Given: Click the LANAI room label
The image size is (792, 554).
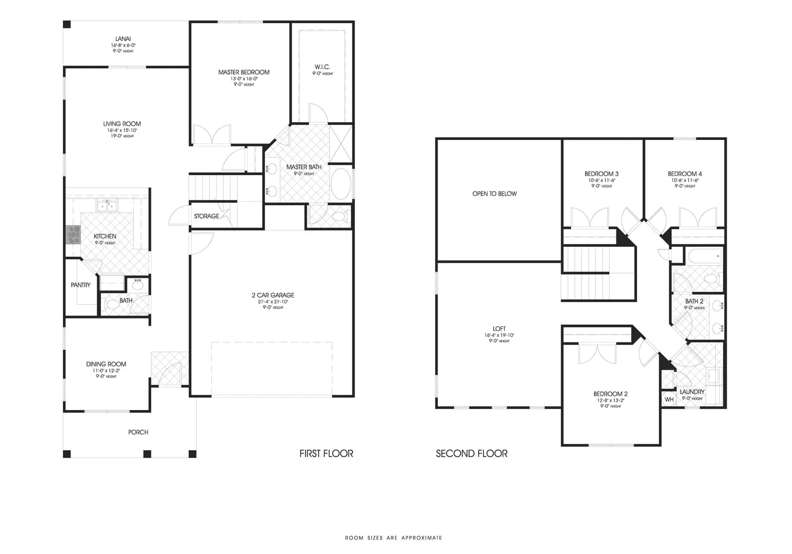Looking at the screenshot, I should [123, 39].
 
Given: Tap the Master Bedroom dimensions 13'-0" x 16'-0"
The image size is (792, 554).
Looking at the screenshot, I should [244, 79].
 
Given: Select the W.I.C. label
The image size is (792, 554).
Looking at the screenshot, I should [322, 67].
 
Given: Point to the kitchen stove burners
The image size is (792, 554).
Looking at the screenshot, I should [73, 234].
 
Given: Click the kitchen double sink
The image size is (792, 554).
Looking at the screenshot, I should [107, 205].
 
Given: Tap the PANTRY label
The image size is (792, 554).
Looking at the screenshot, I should [81, 285].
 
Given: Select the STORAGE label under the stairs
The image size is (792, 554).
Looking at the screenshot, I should [206, 216].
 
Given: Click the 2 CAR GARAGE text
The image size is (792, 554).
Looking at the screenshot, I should [273, 295].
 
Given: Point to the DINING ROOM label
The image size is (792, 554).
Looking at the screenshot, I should [106, 364].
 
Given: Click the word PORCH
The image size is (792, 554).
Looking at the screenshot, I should [138, 432].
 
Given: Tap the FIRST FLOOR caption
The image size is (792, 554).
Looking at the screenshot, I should [326, 454].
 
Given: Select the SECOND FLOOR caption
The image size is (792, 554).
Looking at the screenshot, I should [471, 454].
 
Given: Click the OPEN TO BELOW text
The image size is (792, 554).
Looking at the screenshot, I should [495, 194].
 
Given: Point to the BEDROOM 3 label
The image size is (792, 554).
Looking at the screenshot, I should [601, 174].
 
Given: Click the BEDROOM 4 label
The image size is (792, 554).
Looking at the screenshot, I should [685, 174].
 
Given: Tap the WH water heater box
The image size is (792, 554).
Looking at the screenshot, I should [669, 400].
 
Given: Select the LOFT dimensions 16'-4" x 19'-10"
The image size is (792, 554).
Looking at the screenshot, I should [499, 335].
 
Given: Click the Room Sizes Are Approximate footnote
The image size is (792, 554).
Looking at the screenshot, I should [394, 538].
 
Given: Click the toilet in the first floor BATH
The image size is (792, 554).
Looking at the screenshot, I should [113, 305].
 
